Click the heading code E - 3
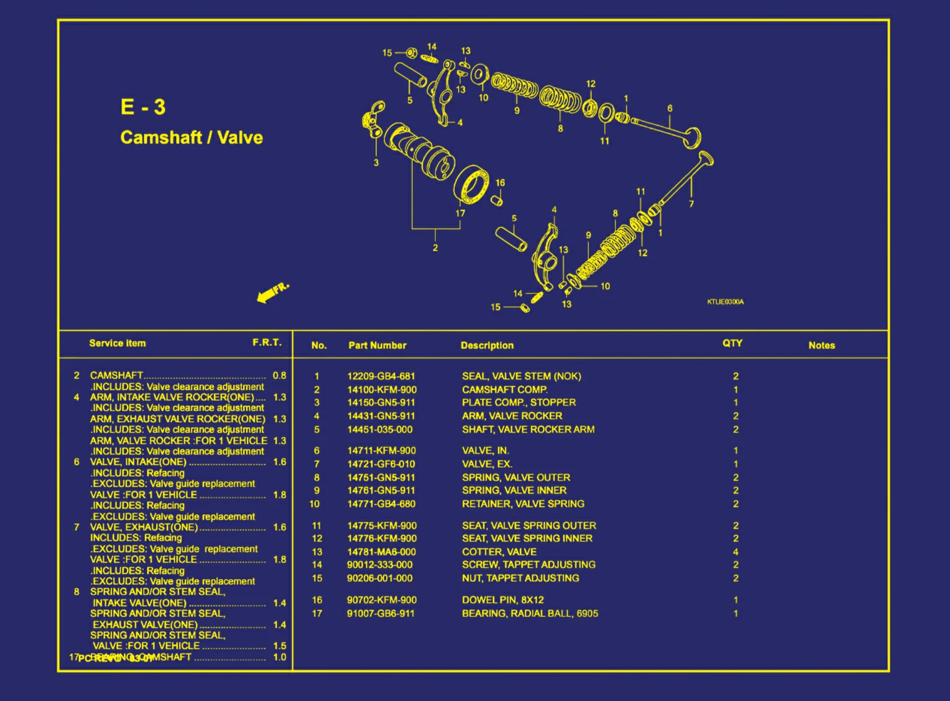pos(143,107)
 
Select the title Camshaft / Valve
pos(191,137)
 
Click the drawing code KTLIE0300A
pos(725,302)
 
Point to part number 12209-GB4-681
pos(380,376)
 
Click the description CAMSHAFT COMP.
pos(504,390)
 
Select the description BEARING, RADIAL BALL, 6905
pos(530,613)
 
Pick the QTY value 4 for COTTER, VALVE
pos(736,552)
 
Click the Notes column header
pos(821,345)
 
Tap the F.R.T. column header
pos(267,343)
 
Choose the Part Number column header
pos(377,345)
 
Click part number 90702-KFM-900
pos(381,600)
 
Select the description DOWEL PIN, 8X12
pos(502,600)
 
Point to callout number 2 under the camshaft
pos(435,248)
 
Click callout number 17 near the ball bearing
pos(460,213)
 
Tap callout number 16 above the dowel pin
pos(500,183)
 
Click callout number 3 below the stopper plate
pos(376,163)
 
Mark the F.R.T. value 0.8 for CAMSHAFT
pos(279,376)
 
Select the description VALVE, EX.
pos(487,464)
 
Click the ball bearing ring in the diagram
pos(473,185)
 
